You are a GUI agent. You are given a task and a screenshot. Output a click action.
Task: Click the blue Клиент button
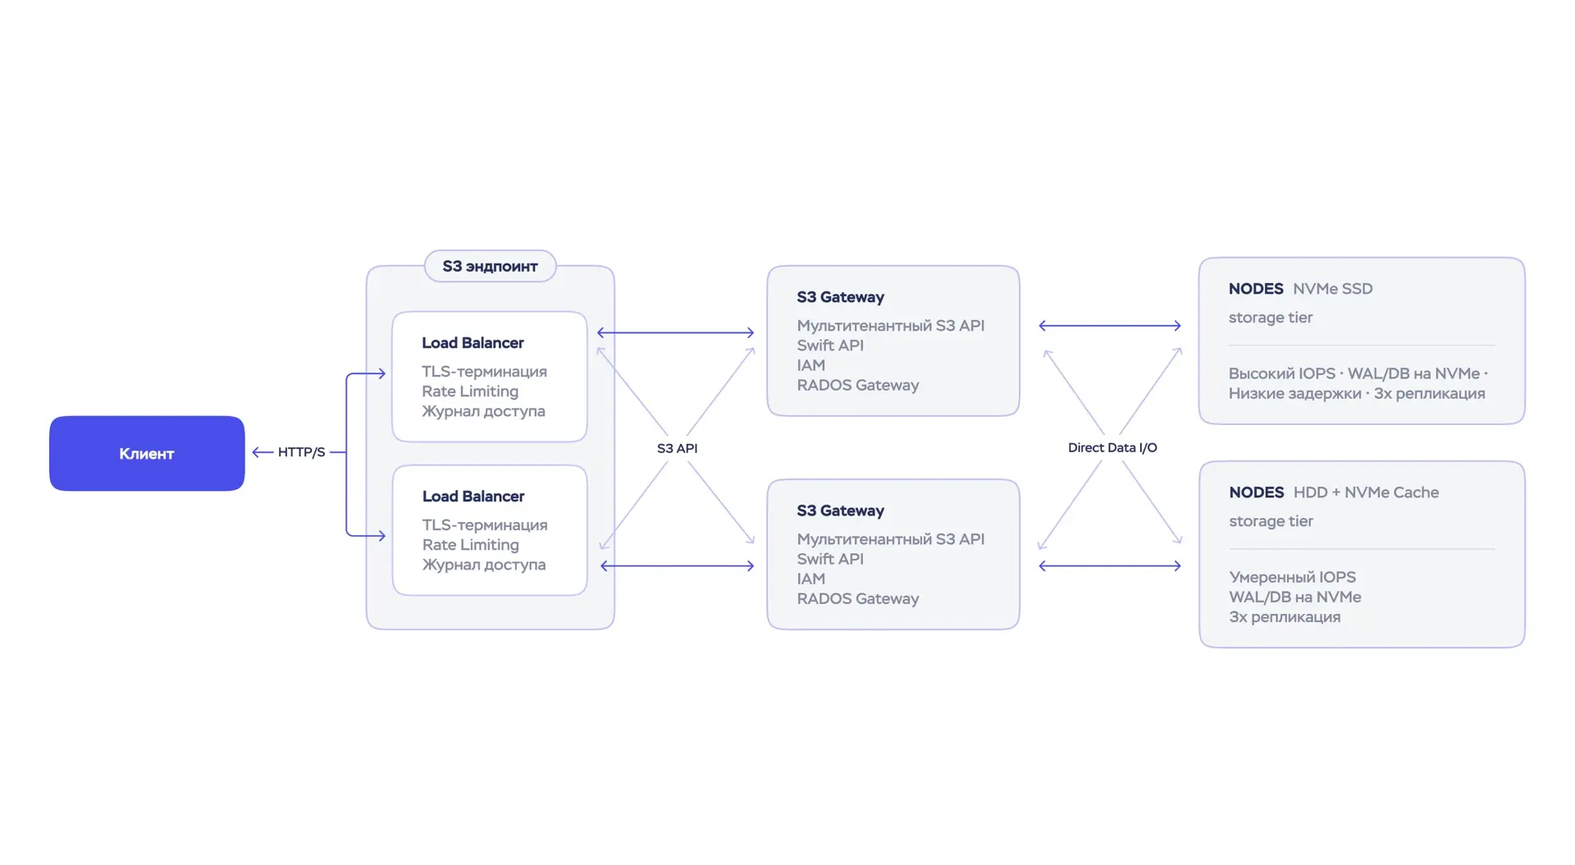point(147,453)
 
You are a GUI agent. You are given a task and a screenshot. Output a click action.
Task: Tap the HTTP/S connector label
point(301,452)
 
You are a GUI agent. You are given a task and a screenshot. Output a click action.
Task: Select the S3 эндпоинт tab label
point(490,266)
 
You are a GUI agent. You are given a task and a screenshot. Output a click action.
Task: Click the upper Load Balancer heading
point(472,343)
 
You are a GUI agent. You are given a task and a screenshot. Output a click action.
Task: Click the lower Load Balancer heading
point(473,497)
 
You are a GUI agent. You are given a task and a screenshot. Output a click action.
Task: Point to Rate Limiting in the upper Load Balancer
point(470,391)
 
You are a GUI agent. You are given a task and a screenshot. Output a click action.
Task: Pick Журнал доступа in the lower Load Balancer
point(484,565)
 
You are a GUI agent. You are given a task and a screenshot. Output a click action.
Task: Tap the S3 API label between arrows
point(677,448)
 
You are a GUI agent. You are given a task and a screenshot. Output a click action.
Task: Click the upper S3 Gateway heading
point(840,297)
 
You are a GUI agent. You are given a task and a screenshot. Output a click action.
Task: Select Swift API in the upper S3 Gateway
point(830,346)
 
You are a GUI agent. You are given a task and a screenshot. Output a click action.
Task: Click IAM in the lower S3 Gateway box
point(810,579)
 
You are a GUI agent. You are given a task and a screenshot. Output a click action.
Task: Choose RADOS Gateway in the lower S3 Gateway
point(857,598)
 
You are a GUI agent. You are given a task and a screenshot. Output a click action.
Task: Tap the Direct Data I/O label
point(1112,447)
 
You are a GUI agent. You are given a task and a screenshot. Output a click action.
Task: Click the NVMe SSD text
point(1332,289)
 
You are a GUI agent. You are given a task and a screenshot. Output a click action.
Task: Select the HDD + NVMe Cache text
point(1366,492)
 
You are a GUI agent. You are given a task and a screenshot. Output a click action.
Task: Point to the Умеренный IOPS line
point(1292,577)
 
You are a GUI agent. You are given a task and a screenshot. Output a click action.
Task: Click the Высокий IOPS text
point(1281,373)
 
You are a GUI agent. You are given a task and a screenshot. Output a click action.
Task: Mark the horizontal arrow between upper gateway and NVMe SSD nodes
point(1110,326)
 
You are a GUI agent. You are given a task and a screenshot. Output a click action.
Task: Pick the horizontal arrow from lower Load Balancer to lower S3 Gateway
point(677,565)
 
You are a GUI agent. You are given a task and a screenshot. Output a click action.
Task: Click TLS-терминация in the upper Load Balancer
point(484,372)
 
